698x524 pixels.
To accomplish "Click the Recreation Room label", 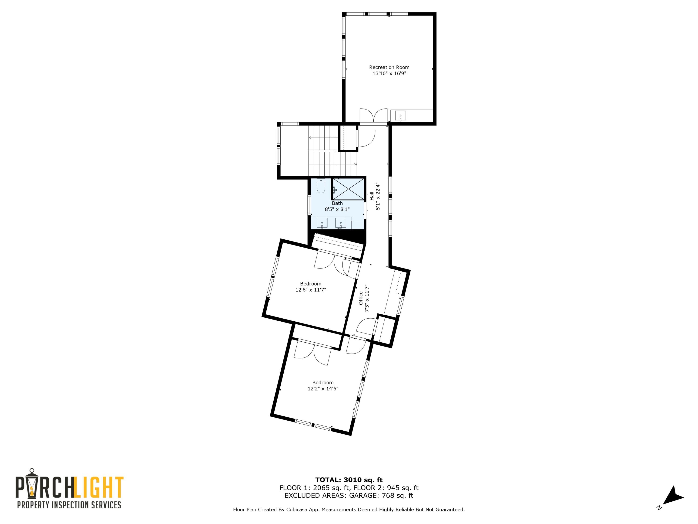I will pos(389,67).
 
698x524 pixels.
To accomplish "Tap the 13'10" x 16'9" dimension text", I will pos(389,74).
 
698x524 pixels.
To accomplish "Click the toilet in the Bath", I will pos(321,186).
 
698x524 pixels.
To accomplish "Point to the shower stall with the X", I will pos(348,189).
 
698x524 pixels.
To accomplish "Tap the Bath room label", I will pos(337,203).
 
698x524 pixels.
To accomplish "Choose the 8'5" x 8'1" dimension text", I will pos(337,209).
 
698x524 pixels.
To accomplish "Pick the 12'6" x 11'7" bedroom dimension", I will pos(311,290).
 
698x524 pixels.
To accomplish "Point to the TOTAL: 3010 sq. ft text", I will pos(349,480).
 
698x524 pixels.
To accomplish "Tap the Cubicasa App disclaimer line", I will pos(349,510).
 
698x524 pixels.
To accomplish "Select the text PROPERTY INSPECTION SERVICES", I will pos(69,505).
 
